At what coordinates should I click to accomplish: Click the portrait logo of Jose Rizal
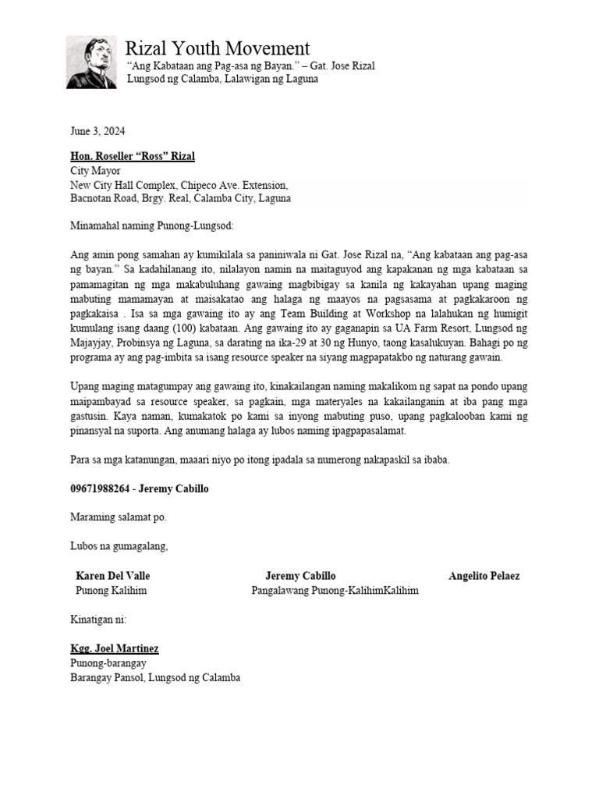click(91, 62)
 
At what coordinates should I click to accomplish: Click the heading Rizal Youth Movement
click(218, 48)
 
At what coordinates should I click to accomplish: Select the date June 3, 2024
click(97, 131)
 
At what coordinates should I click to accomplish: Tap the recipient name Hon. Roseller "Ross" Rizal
click(133, 156)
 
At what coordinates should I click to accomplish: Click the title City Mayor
click(95, 171)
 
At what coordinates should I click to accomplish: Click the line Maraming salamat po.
click(119, 517)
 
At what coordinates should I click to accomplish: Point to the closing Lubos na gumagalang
click(119, 545)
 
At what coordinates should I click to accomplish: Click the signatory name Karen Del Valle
click(113, 576)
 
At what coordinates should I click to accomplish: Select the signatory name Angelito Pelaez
click(484, 576)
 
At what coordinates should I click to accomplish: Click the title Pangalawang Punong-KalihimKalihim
click(335, 591)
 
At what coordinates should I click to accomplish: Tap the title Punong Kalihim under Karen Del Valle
click(111, 591)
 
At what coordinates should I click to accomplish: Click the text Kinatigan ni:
click(98, 620)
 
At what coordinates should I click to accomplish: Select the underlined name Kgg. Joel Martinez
click(114, 648)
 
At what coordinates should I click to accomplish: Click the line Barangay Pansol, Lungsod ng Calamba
click(155, 677)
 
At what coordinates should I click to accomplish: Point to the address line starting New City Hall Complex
click(179, 185)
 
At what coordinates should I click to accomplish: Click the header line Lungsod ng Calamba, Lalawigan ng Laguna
click(222, 80)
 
